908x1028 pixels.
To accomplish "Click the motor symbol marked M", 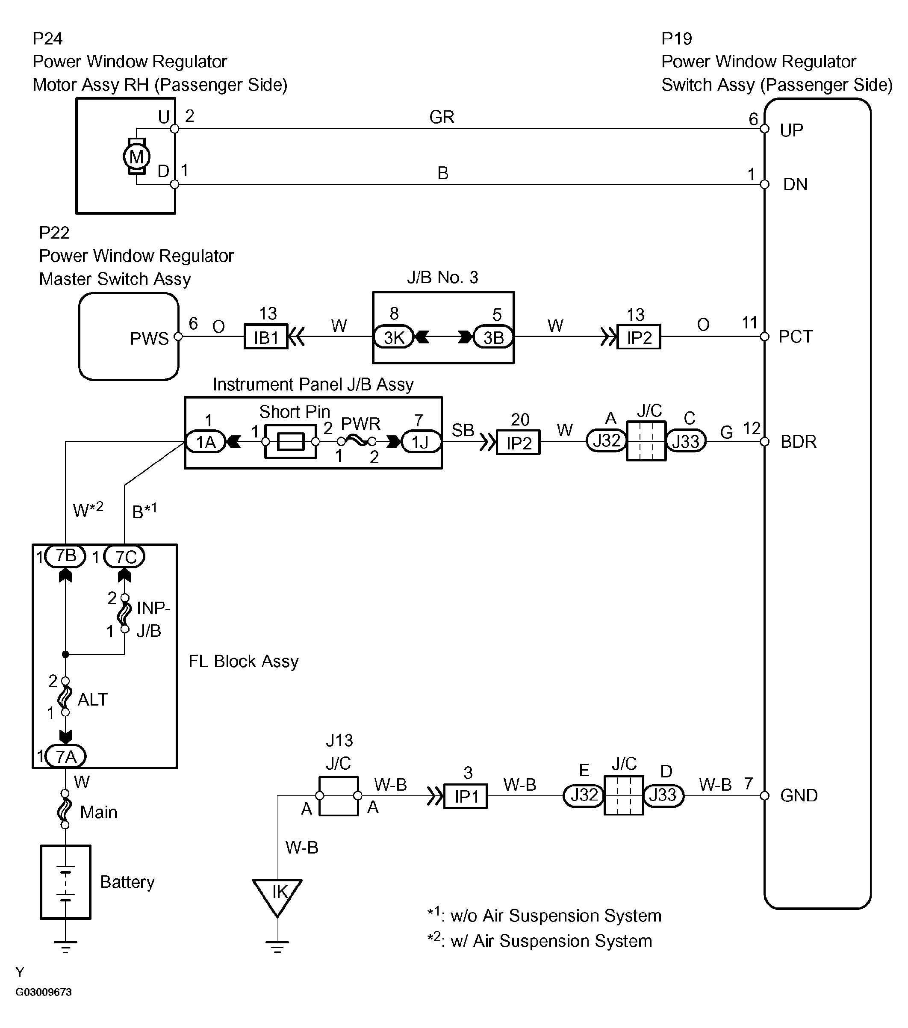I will click(x=136, y=157).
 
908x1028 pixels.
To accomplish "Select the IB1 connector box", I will click(x=265, y=337).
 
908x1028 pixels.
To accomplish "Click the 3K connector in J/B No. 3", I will click(x=394, y=337).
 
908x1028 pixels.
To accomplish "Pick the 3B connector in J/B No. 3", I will click(x=493, y=337).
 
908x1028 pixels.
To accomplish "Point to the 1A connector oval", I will click(x=206, y=442).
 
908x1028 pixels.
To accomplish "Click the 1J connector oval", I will click(x=421, y=442).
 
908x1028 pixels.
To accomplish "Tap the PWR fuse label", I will click(x=360, y=423).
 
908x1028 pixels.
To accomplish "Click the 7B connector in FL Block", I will click(x=66, y=556).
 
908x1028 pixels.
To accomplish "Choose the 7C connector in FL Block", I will click(x=125, y=557).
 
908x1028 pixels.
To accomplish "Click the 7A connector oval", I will click(x=66, y=756).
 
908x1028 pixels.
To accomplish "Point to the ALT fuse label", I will click(x=92, y=699).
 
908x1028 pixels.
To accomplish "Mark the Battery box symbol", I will click(x=65, y=882).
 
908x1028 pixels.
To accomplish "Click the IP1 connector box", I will click(x=466, y=796).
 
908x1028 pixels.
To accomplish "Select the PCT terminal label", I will click(x=796, y=337).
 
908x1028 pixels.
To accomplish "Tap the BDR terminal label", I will click(x=798, y=442).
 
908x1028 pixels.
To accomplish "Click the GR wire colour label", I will click(x=442, y=117).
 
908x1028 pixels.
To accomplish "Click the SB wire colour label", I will click(x=463, y=430).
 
